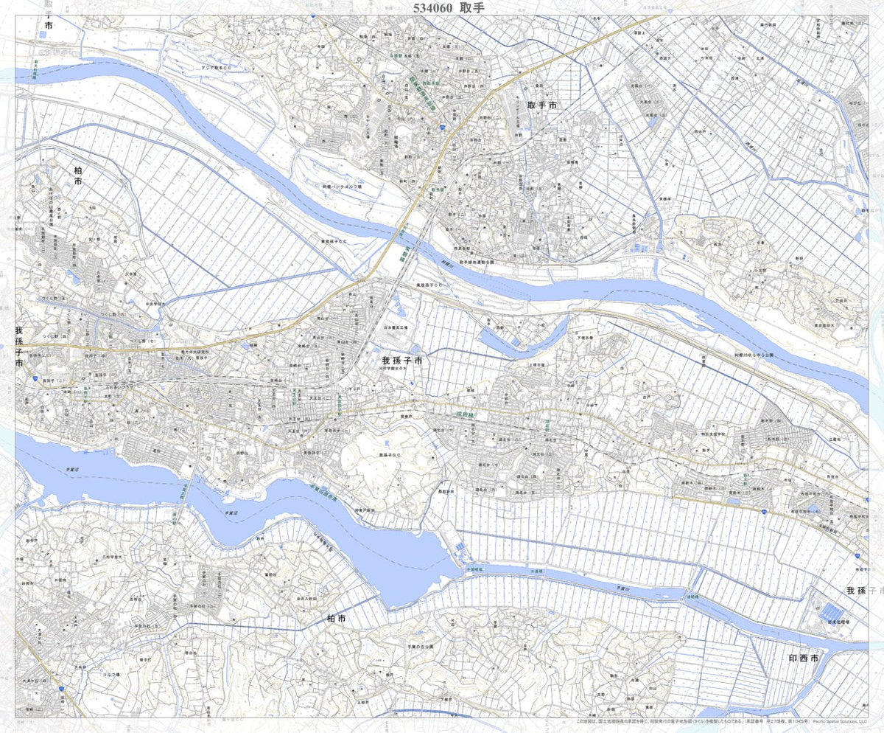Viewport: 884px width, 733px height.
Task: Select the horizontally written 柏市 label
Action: (x=336, y=619)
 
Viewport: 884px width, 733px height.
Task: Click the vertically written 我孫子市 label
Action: (x=19, y=347)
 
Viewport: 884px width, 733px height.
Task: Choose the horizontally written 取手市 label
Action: (x=542, y=106)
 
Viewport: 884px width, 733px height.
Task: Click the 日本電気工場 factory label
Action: (x=396, y=326)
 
